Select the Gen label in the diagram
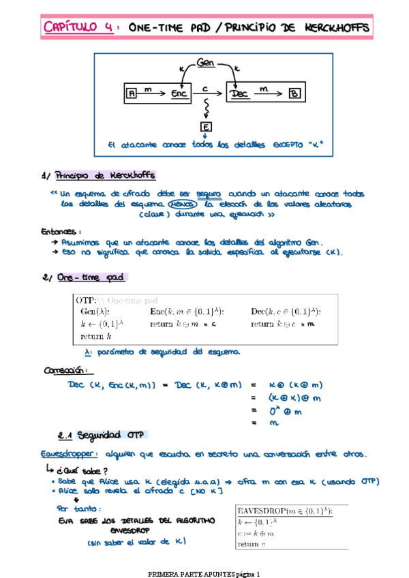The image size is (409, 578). click(205, 63)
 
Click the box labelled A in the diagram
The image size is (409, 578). click(132, 94)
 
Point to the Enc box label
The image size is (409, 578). click(180, 94)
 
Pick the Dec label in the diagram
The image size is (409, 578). click(240, 94)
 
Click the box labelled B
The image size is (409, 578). click(292, 94)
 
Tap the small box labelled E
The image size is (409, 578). click(205, 127)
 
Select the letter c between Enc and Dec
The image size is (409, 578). click(205, 88)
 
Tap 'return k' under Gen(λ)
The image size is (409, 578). click(95, 337)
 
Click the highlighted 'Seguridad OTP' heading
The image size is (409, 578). click(109, 435)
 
